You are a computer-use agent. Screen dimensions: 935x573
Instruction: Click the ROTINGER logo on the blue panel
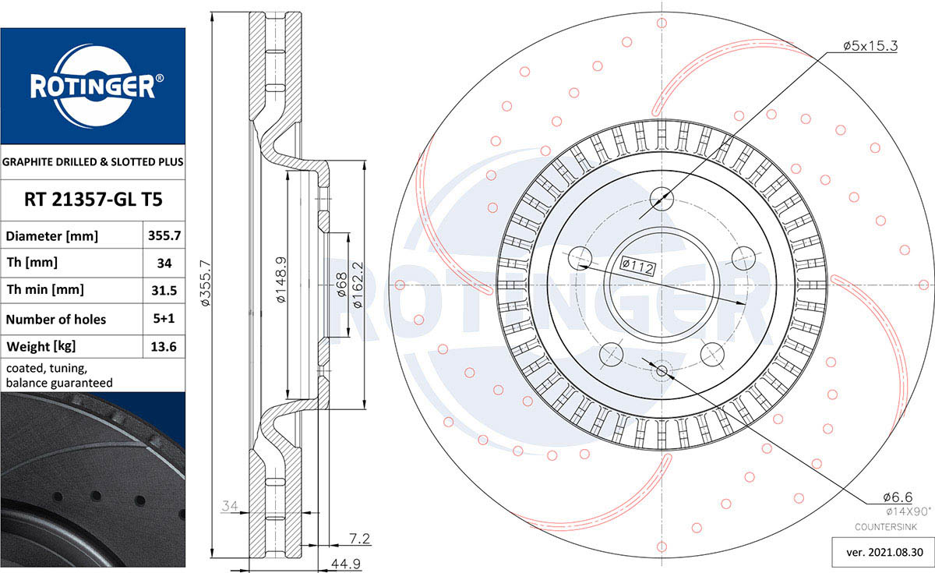93,86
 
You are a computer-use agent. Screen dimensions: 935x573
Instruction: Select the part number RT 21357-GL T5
93,200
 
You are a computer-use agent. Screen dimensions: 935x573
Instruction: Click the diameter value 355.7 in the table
164,235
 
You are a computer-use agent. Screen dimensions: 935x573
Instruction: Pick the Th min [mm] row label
45,289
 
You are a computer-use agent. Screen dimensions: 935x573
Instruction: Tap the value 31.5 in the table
164,290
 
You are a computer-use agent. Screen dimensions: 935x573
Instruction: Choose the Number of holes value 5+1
164,319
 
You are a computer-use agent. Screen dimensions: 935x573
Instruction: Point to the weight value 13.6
164,347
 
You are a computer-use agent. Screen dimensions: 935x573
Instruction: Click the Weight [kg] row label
41,347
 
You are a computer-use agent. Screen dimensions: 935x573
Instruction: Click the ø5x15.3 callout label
870,45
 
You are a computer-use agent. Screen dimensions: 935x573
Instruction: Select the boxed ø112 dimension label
637,266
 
